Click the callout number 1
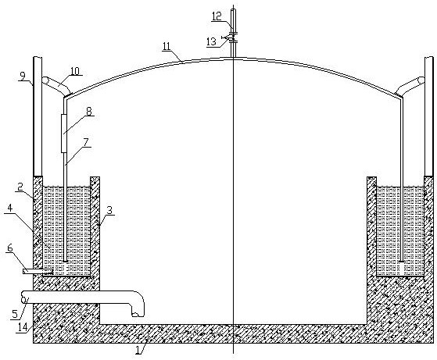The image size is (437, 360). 138,349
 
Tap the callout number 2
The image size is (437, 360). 20,187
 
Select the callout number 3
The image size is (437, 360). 109,210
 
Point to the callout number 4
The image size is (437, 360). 9,208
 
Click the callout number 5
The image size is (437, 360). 15,314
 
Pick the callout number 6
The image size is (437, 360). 10,248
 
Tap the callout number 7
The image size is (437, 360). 86,142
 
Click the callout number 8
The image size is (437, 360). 88,111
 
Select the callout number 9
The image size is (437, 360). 23,76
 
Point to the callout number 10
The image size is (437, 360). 75,71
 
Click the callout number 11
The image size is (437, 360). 167,47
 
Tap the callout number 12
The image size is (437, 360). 217,16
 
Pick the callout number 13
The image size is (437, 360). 211,41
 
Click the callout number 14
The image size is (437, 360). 23,327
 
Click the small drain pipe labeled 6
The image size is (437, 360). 38,271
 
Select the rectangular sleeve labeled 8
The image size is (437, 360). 64,134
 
